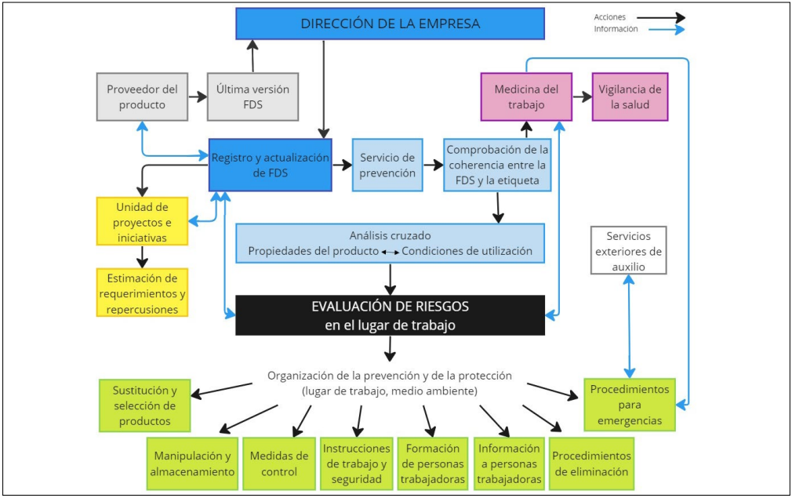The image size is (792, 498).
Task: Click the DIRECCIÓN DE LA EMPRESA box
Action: point(390,24)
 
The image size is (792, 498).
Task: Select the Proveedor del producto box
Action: point(142,96)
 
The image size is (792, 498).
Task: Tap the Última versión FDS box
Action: point(252,96)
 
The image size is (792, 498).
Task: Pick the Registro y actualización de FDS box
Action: point(270,165)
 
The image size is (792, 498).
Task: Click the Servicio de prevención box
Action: point(387,165)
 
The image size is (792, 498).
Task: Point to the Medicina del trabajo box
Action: point(525,96)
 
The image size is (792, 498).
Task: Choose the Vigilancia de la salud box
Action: point(630,96)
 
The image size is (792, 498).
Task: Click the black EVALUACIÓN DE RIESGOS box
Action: point(390,315)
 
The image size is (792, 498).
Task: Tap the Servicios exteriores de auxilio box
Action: point(629,250)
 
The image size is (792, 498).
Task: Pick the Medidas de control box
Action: point(278,463)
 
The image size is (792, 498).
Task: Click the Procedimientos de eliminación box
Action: point(590,463)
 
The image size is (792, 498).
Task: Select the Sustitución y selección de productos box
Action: point(145,405)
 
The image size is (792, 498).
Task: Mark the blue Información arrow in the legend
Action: point(660,30)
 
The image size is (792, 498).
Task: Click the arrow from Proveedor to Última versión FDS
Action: point(197,96)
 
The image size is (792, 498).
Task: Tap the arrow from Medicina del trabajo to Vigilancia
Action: point(581,96)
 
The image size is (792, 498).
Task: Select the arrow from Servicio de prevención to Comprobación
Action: point(434,165)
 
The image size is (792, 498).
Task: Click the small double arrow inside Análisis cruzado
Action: point(390,252)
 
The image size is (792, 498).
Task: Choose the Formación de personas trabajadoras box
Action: point(432,463)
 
